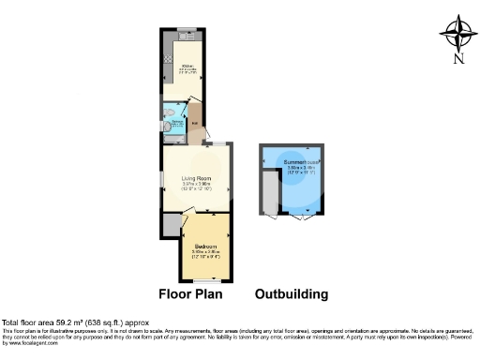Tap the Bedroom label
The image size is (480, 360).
pos(204,246)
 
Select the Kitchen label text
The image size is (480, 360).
pos(187,65)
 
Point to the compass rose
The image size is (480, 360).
pos(458,33)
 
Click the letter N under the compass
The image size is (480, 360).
pos(458,61)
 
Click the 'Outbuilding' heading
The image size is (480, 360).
pos(292,293)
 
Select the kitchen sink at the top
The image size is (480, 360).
pos(187,35)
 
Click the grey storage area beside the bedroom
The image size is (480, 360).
pos(171,225)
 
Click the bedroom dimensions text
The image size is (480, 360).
pos(204,252)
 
